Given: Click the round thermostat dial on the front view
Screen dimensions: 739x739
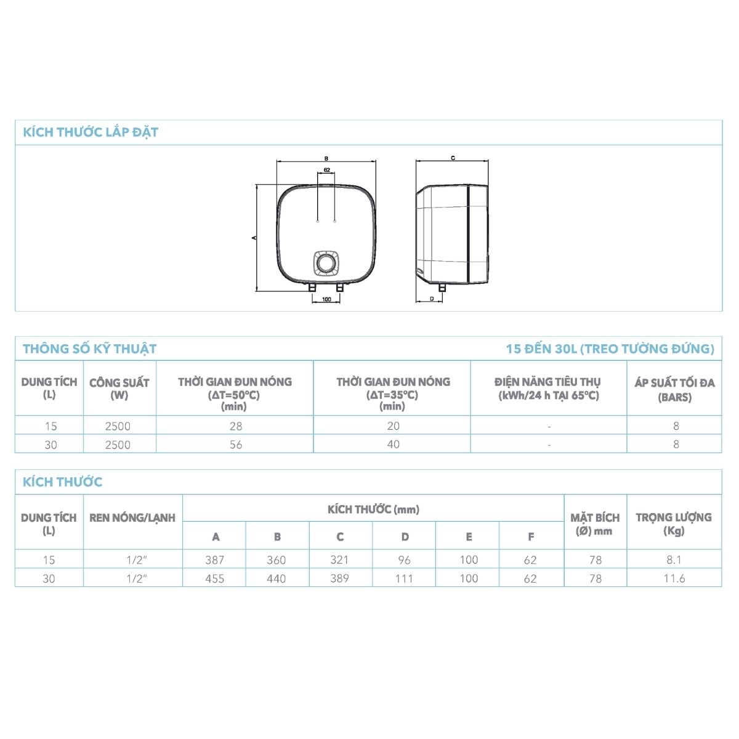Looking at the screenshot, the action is click(326, 263).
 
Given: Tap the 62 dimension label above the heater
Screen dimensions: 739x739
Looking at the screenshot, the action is click(327, 170).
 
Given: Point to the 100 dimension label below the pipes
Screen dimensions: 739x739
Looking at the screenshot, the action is click(326, 299).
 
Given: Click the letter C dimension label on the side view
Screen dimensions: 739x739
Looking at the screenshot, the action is click(453, 158).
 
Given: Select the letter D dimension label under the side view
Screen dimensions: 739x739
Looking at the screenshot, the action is click(432, 299).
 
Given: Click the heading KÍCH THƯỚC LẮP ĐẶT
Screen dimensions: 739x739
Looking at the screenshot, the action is click(91, 132).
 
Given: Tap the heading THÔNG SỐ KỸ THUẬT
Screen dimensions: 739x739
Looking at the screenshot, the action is click(90, 349).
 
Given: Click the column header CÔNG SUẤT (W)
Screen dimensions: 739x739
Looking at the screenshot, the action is click(119, 389).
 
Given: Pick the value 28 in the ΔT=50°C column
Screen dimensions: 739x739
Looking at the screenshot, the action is click(236, 426).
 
